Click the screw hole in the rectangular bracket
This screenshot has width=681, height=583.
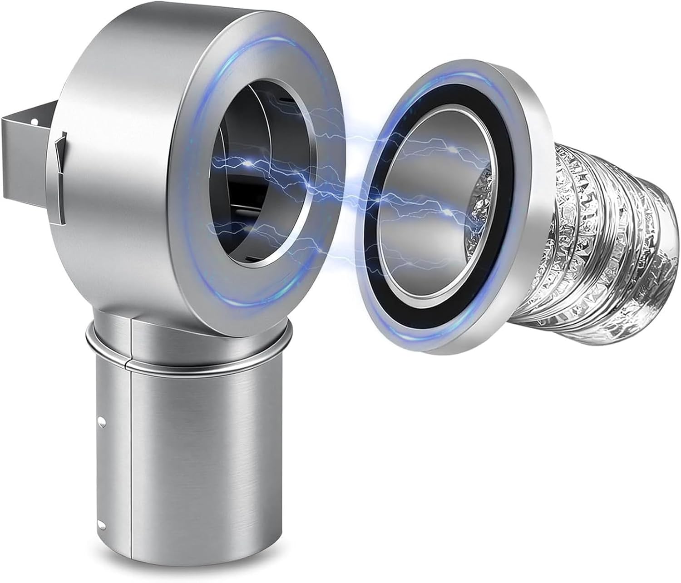tap(34, 121)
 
